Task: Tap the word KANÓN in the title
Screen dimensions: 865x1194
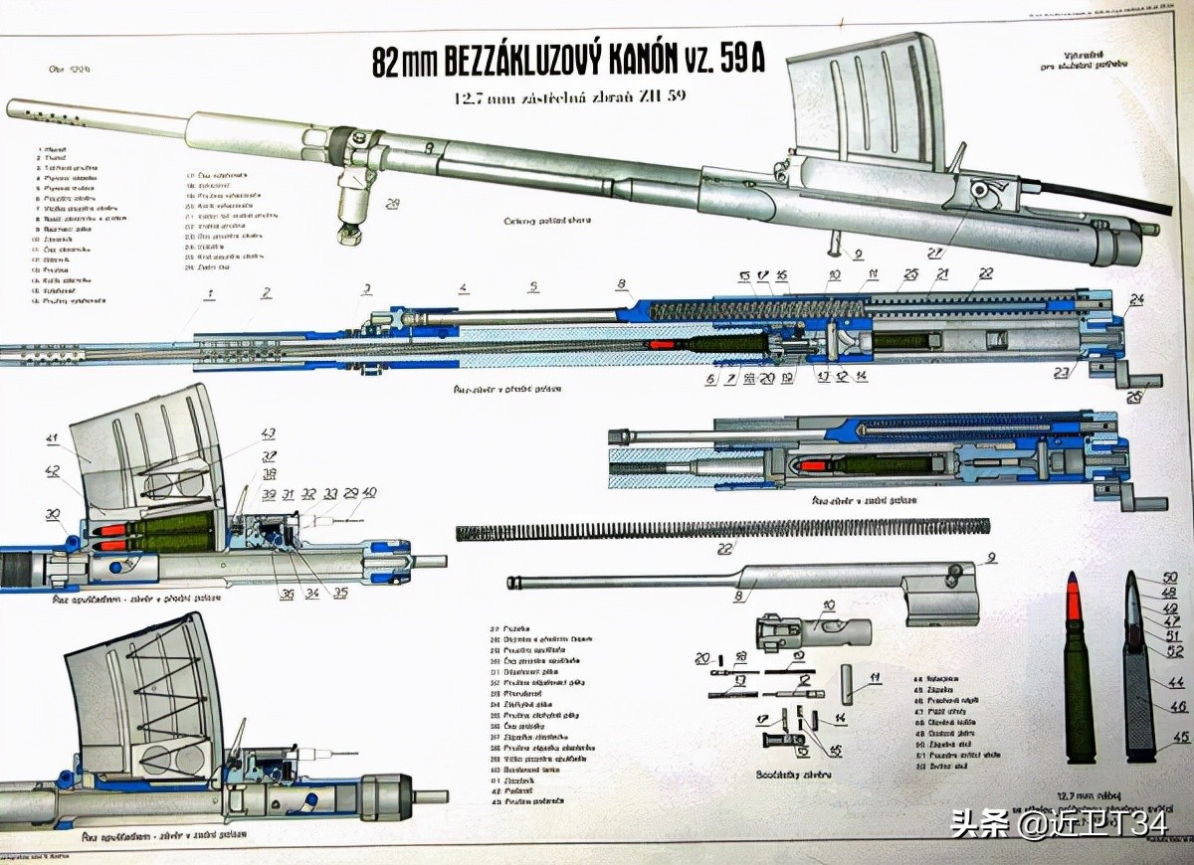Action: (647, 62)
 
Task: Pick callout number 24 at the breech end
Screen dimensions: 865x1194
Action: (1136, 299)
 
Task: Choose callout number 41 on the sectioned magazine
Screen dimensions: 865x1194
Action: (52, 437)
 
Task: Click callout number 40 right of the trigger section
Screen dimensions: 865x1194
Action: (369, 493)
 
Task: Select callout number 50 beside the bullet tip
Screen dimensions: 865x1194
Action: (1170, 578)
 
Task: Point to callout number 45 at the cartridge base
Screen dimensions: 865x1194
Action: (1181, 737)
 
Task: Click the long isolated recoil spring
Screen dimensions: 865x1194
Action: (722, 529)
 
